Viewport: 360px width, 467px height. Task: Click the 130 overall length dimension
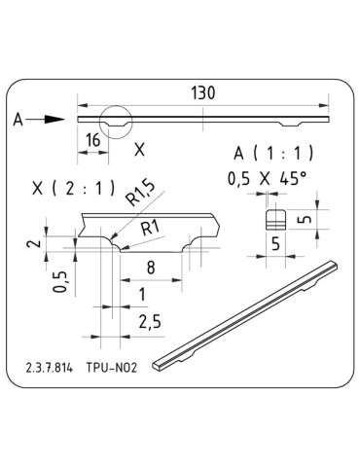(203, 93)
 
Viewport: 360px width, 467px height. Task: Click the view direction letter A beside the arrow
(18, 120)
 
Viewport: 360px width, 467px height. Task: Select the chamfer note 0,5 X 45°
(266, 179)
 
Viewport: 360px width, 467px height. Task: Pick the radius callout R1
(151, 227)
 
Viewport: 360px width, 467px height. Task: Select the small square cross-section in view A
(276, 216)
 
